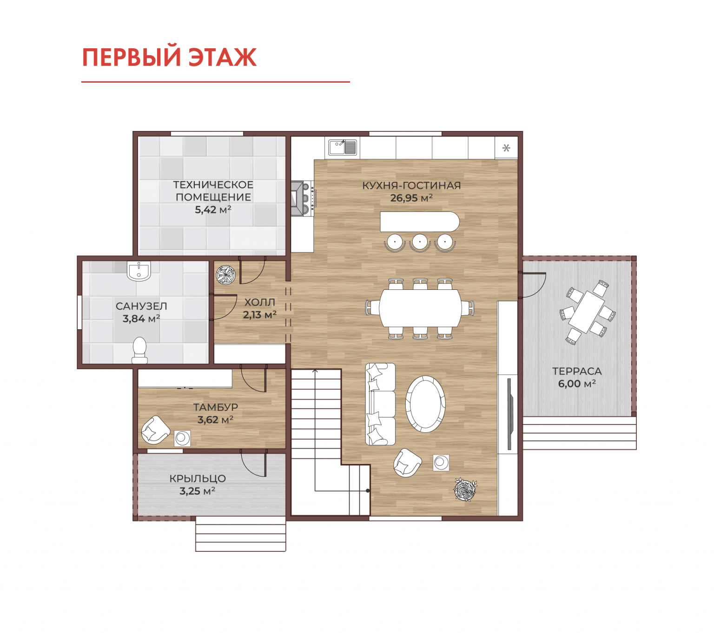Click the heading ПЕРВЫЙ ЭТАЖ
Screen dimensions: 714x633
169,57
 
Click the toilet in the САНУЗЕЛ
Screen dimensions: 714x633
139,350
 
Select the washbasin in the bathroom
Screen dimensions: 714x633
139,271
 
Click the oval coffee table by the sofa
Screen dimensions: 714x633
425,404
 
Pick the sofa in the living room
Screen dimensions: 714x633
380,404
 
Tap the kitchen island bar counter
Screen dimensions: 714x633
419,222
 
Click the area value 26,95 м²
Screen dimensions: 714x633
411,198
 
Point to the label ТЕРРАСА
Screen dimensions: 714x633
576,371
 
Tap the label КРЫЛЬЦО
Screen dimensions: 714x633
198,478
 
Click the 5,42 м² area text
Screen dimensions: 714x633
213,209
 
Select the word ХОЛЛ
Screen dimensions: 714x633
259,302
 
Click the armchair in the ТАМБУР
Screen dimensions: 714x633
155,430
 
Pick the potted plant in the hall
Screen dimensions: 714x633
225,274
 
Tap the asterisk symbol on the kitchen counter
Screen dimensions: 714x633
506,148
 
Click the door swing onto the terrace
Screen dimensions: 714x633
534,285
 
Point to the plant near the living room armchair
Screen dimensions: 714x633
465,489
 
